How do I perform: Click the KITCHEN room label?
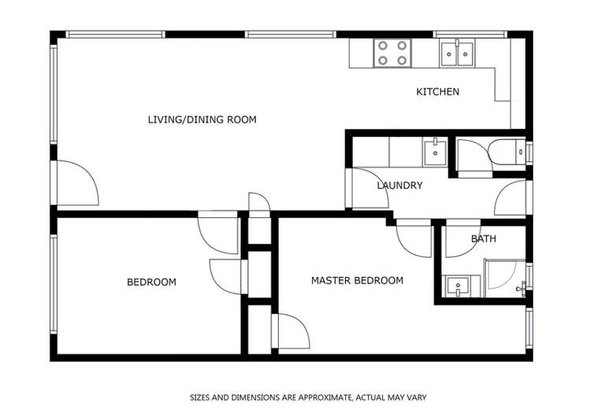tap(438, 92)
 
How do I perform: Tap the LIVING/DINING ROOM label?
tap(202, 120)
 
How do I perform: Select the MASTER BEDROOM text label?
tap(357, 280)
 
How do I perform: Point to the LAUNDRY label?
tap(399, 185)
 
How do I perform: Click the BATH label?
tap(484, 238)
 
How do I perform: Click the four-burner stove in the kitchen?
tap(392, 53)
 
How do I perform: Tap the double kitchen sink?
tap(457, 54)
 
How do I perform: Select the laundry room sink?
tap(435, 152)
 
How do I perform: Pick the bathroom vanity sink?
tap(458, 286)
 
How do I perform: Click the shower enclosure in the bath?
tap(505, 278)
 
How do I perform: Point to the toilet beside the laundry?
tap(507, 152)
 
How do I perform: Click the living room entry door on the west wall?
tap(78, 183)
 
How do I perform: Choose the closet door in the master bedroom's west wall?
tap(291, 331)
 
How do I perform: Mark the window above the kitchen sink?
tap(470, 35)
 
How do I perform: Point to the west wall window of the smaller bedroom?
tap(54, 284)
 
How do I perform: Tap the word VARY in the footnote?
tap(417, 397)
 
